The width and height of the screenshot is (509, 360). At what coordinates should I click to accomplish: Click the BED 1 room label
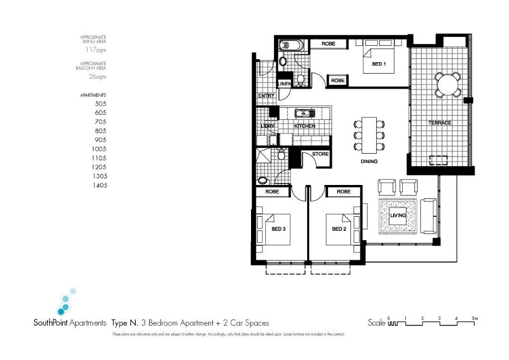(x=379, y=65)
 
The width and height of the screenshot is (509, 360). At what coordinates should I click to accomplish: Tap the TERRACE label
(x=440, y=123)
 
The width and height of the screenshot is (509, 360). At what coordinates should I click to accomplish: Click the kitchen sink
(x=304, y=113)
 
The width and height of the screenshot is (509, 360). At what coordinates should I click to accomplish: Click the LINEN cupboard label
(x=284, y=84)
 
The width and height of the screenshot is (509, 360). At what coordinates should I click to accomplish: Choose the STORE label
(x=321, y=154)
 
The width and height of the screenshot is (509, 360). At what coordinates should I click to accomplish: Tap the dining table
(x=369, y=135)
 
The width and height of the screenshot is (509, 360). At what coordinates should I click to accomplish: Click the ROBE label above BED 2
(x=343, y=191)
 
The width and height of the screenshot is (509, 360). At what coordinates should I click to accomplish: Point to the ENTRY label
(x=266, y=96)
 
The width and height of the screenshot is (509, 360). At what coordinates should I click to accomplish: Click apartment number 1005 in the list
(x=99, y=149)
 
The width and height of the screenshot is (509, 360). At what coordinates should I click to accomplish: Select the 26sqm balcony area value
(x=97, y=77)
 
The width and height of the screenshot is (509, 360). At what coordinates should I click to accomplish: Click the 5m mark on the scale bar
(x=474, y=318)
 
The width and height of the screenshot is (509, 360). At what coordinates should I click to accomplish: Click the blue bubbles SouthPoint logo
(x=65, y=302)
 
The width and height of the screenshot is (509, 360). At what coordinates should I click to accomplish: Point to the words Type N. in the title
(x=125, y=323)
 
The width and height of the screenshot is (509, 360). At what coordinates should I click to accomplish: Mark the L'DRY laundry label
(x=268, y=126)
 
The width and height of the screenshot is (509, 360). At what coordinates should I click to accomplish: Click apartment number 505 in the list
(x=100, y=104)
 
